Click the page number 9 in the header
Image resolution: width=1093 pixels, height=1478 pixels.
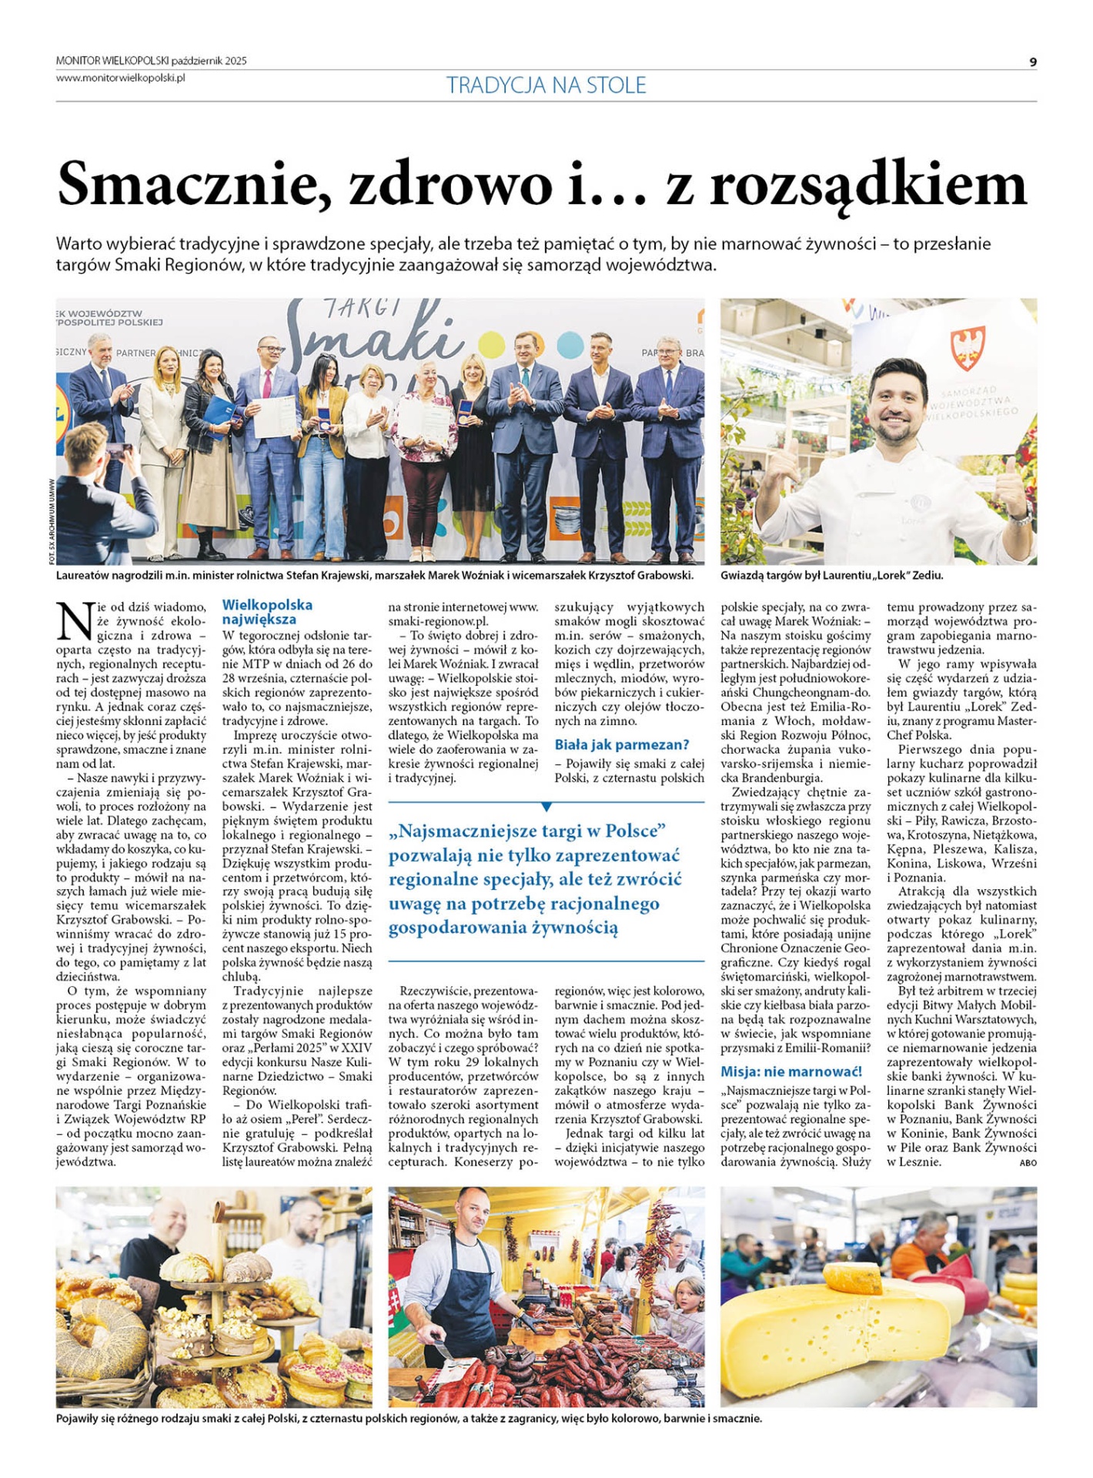(1033, 62)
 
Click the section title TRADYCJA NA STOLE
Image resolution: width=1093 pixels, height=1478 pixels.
(546, 85)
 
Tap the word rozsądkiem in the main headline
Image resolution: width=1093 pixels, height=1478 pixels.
(867, 185)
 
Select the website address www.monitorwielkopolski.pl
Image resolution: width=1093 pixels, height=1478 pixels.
(120, 77)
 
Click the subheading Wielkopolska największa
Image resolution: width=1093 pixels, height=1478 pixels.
(267, 612)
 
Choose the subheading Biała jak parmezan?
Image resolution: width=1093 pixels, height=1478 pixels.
(621, 744)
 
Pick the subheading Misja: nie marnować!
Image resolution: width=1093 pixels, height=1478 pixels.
(791, 1071)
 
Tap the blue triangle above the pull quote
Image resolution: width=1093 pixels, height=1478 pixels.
(546, 807)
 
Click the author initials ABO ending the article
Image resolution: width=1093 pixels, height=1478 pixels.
(1028, 1162)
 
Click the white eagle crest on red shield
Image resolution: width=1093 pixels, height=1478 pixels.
(968, 347)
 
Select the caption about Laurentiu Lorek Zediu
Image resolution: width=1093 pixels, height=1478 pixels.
(831, 575)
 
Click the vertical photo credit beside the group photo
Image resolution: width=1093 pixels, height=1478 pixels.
(51, 522)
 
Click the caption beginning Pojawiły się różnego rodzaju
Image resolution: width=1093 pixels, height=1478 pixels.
(408, 1418)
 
